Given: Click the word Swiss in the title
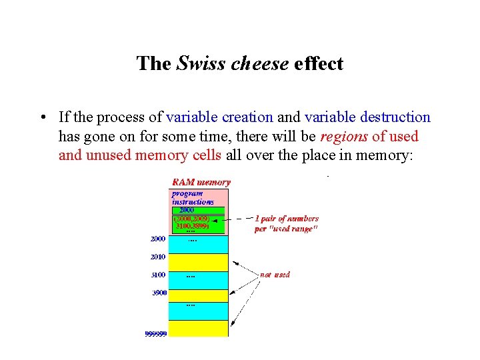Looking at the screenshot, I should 198,64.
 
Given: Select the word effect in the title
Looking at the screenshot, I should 318,64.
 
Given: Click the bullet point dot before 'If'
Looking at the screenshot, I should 42,118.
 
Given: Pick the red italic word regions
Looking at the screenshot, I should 345,137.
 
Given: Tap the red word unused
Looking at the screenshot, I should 109,156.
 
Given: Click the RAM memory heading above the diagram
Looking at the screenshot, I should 201,182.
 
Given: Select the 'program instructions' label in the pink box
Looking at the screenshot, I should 193,197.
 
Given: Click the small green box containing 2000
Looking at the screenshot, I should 188,210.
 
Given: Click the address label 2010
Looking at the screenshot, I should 158,256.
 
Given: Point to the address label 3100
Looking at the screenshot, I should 158,274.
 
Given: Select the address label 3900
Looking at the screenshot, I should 158,293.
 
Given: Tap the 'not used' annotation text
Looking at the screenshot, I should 275,274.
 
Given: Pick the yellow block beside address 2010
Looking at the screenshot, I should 199,263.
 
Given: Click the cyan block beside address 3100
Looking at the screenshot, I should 199,281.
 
